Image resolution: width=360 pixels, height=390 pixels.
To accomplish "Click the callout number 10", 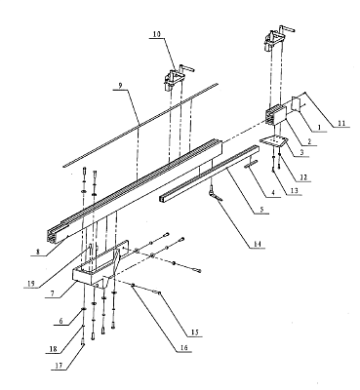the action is [157, 34].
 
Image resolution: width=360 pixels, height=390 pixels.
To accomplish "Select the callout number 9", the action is [120, 86].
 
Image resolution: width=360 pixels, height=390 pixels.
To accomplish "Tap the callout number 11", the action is [341, 124].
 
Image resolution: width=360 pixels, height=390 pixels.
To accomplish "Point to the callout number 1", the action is [319, 128].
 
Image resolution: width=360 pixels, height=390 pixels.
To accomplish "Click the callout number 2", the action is [309, 141].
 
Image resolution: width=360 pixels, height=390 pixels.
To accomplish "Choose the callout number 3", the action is [301, 152].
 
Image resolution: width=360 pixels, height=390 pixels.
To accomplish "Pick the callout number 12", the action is [303, 177].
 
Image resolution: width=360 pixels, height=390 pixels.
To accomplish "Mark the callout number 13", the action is [294, 191].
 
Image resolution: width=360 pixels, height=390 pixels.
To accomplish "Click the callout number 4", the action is [273, 193].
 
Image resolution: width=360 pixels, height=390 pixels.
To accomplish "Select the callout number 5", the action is [261, 210].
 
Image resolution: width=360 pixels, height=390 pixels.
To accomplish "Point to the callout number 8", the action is [38, 252].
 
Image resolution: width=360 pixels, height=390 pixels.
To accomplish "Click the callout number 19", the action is [31, 284].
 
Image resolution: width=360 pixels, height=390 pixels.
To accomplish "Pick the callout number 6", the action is [61, 321].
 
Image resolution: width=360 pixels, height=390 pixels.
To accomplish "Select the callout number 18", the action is [54, 349].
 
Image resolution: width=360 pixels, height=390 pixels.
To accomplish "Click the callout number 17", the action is [59, 366].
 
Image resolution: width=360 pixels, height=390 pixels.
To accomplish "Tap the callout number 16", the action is [183, 348].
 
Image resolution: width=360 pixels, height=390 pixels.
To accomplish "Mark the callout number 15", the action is [194, 332].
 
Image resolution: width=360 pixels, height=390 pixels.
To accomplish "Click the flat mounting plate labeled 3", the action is [273, 141].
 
